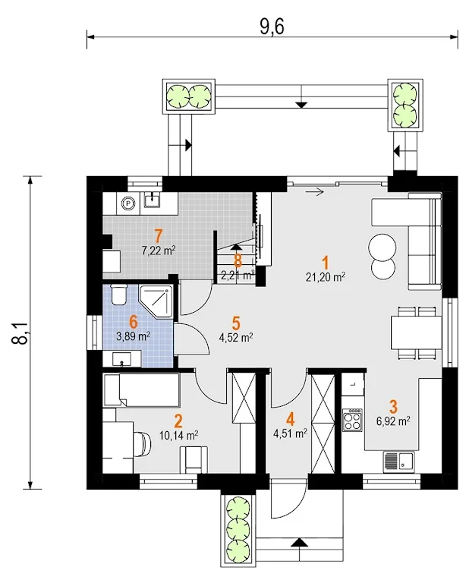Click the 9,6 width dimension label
pyautogui.click(x=272, y=27)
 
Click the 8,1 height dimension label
pyautogui.click(x=21, y=332)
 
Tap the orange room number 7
pyautogui.click(x=158, y=236)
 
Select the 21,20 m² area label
pyautogui.click(x=326, y=277)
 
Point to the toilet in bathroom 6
pyautogui.click(x=119, y=295)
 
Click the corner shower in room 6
pyautogui.click(x=156, y=301)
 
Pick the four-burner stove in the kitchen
pyautogui.click(x=352, y=419)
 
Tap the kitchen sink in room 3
pyautogui.click(x=398, y=462)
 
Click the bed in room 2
pyautogui.click(x=141, y=389)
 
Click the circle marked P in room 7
pyautogui.click(x=128, y=203)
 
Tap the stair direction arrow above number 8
pyautogui.click(x=237, y=246)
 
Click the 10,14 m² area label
pyautogui.click(x=178, y=435)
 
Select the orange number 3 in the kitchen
pyautogui.click(x=393, y=407)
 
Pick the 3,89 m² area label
pyautogui.click(x=133, y=336)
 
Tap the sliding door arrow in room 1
pyautogui.click(x=314, y=192)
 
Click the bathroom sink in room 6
pyautogui.click(x=122, y=358)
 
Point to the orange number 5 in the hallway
pyautogui.click(x=235, y=323)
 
